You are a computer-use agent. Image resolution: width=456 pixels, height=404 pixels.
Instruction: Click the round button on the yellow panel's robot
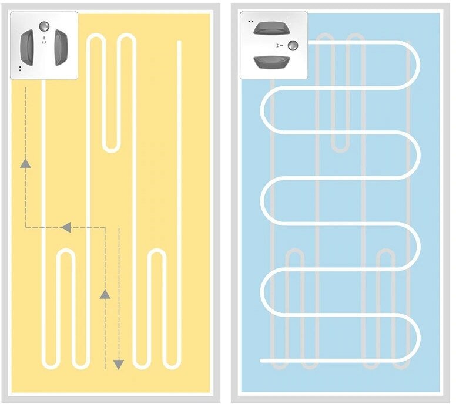44,25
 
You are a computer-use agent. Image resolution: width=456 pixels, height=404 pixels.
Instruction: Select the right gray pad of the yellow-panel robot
61,48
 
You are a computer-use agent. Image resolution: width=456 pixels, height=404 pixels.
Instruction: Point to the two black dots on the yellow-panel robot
21,69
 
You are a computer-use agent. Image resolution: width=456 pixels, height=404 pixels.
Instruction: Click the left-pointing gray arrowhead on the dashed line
66,226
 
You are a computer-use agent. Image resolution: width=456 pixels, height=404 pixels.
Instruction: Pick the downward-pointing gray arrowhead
119,363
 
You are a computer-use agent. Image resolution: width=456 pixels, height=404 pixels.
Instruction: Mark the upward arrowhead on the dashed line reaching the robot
26,164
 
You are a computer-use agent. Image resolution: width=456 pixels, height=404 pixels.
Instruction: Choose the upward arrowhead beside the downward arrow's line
105,294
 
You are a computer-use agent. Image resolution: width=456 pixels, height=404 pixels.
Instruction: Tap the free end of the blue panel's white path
263,359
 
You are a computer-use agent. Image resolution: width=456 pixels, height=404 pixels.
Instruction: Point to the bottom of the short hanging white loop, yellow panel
110,149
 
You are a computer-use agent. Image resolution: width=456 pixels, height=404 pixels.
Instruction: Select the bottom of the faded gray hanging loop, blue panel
340,150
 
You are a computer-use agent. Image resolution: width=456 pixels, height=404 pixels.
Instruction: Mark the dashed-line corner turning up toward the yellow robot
26,227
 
